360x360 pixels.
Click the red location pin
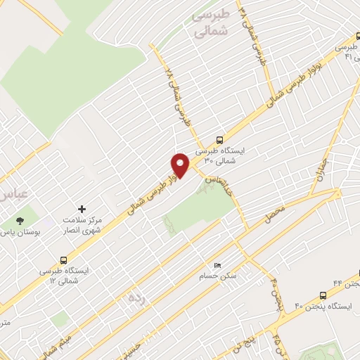(181, 165)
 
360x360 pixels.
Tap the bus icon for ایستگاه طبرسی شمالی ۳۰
(220, 139)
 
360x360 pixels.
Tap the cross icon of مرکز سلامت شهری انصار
(82, 209)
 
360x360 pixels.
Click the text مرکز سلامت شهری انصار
(84, 224)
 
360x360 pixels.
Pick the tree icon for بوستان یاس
(19, 219)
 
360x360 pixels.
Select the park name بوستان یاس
(19, 231)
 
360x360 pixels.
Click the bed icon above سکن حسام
(217, 264)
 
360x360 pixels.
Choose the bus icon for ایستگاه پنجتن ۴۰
(323, 295)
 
